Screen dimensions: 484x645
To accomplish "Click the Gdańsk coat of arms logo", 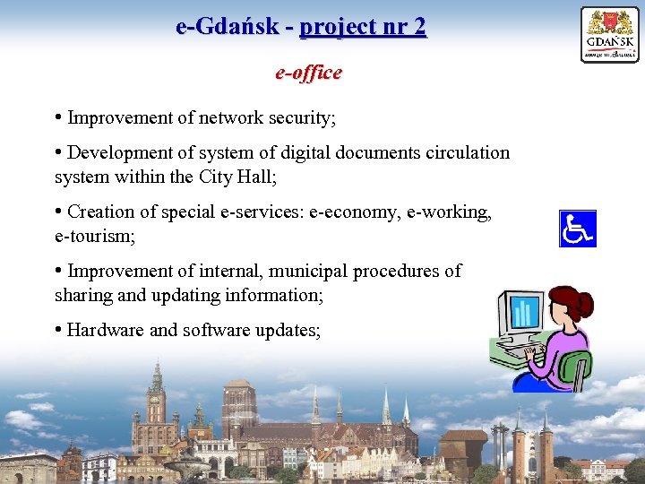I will pyautogui.click(x=609, y=34).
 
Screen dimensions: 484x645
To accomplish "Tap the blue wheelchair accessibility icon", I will pyautogui.click(x=577, y=229).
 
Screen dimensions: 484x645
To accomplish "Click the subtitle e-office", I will pyautogui.click(x=308, y=73).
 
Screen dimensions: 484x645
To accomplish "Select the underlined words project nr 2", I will pyautogui.click(x=363, y=27).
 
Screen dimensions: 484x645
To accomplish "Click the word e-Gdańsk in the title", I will pyautogui.click(x=228, y=27).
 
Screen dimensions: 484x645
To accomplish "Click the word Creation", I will pyautogui.click(x=100, y=212).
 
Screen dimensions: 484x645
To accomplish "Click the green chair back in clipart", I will pyautogui.click(x=575, y=368).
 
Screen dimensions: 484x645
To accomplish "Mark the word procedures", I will pyautogui.click(x=397, y=271).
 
